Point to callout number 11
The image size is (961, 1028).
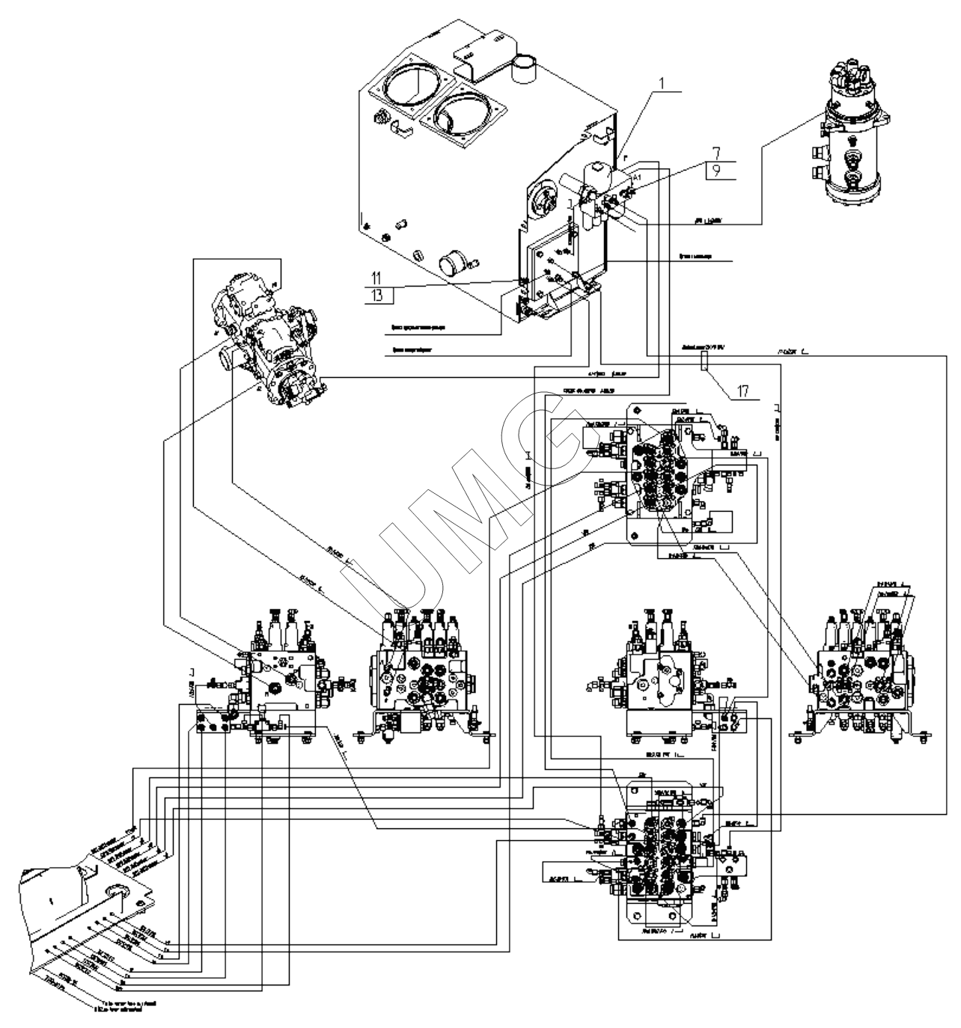coord(376,279)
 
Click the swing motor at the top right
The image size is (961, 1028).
coord(853,135)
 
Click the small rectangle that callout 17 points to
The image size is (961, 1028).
coord(704,362)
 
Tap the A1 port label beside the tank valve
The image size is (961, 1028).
coord(637,178)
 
